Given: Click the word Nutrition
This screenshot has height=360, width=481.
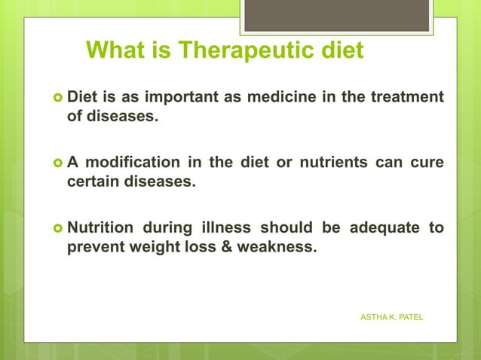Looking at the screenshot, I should click(x=101, y=227).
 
